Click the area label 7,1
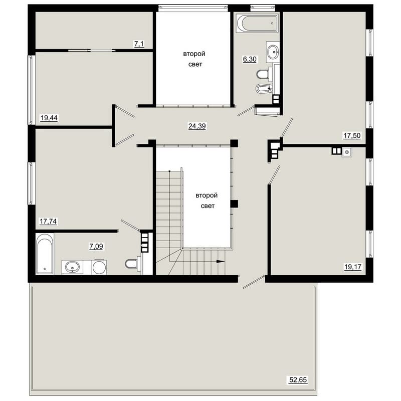(139, 44)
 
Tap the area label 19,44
(49, 118)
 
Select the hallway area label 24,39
(197, 126)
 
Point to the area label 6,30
(250, 59)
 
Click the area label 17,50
(352, 135)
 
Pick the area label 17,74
(48, 221)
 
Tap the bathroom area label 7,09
(96, 246)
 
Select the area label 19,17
(353, 267)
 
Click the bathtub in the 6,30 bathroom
(257, 23)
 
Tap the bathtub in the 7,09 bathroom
(45, 254)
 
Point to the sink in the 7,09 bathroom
(72, 267)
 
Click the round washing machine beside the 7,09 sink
(99, 267)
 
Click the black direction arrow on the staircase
(221, 261)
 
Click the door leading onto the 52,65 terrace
(254, 282)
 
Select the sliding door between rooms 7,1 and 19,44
(92, 51)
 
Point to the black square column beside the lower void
(234, 204)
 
